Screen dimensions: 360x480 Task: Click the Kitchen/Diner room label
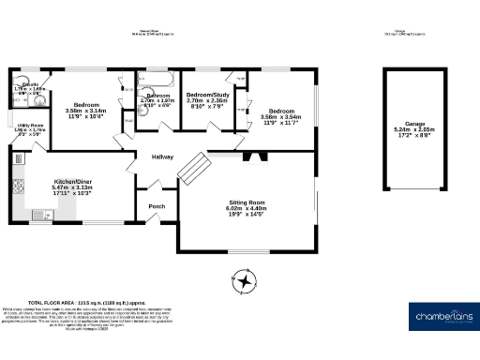(71, 180)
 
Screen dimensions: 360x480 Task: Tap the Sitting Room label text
(247, 202)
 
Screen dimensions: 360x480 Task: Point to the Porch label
(156, 207)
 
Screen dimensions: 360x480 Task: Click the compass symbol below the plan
(246, 280)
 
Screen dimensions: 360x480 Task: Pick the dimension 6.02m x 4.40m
(247, 210)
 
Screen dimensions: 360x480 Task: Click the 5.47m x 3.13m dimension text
(71, 187)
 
